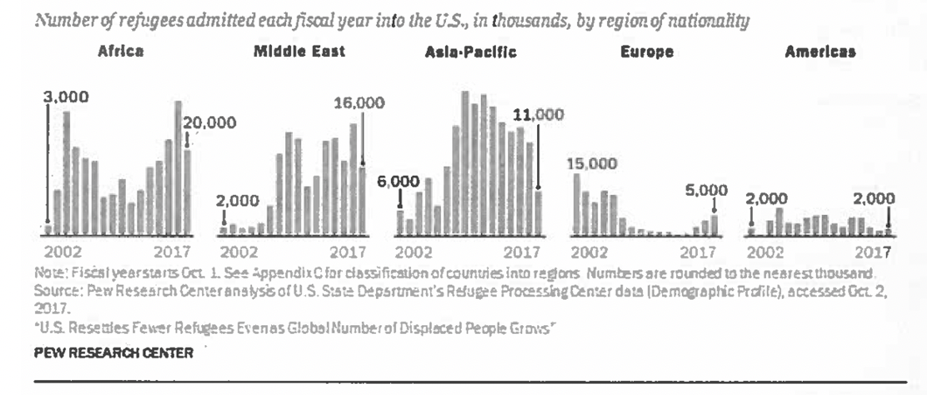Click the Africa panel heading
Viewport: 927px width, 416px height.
pos(121,52)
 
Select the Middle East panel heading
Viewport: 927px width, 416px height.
pos(299,52)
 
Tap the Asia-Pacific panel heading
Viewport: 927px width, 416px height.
pos(470,52)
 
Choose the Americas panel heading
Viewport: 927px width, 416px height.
pos(819,52)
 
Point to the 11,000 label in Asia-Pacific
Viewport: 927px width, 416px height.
pos(537,114)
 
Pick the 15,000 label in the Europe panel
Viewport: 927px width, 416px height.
pos(591,163)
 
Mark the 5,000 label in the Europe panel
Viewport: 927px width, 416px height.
pos(706,190)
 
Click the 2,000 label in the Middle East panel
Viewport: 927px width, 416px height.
pos(238,200)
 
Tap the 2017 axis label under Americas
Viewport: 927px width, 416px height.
pos(872,253)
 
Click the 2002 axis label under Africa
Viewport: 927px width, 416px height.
pos(64,253)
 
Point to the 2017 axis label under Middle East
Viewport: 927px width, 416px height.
pos(347,253)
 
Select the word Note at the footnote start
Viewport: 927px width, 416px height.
pos(48,272)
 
